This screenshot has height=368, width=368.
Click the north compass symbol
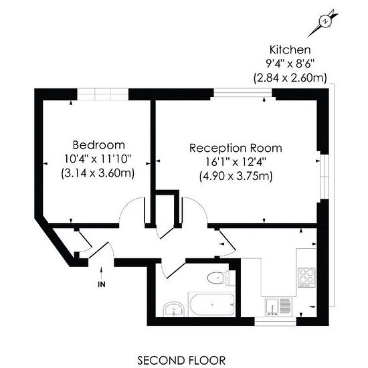324,22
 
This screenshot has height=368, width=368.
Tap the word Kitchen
290,50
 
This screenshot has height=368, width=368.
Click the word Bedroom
98,145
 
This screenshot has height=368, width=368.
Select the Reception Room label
236,148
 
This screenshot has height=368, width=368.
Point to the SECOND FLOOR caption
181,360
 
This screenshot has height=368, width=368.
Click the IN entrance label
102,284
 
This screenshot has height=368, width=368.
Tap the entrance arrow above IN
102,272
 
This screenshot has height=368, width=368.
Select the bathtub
211,304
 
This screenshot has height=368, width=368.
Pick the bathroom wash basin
173,309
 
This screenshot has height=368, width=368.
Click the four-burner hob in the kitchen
307,278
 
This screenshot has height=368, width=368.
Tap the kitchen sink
278,306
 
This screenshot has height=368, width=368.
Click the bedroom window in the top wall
103,94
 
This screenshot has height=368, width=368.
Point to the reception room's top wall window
243,92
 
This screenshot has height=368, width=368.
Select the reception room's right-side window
325,176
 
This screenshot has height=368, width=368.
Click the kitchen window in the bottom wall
276,321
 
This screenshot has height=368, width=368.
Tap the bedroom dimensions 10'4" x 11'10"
98,159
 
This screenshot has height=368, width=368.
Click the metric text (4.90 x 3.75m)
236,177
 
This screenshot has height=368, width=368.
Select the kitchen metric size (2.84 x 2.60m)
290,78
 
